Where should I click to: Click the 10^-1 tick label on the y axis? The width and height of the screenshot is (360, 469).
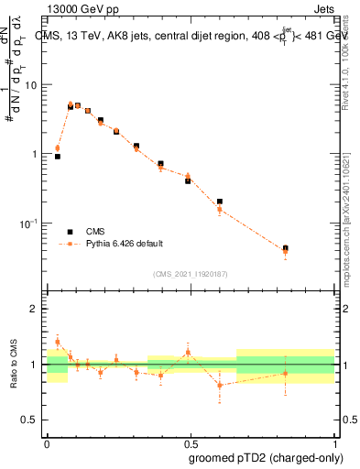[x=29, y=224]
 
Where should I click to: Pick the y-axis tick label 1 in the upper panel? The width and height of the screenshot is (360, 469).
[x=36, y=154]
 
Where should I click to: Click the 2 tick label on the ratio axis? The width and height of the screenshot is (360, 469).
[x=36, y=309]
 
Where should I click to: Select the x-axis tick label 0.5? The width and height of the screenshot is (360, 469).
[x=191, y=442]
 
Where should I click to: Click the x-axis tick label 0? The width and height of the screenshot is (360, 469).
[x=47, y=442]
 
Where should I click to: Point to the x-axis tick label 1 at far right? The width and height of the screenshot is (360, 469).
[x=335, y=442]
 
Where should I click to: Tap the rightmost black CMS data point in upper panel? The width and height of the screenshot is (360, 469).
[x=286, y=248]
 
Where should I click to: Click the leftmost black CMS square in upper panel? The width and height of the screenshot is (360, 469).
[x=58, y=157]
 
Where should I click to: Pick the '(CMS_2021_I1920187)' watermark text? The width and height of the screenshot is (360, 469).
[x=191, y=273]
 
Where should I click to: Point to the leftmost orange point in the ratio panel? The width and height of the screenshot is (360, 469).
[x=58, y=342]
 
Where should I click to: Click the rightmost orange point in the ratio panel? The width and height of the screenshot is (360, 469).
[x=286, y=373]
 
